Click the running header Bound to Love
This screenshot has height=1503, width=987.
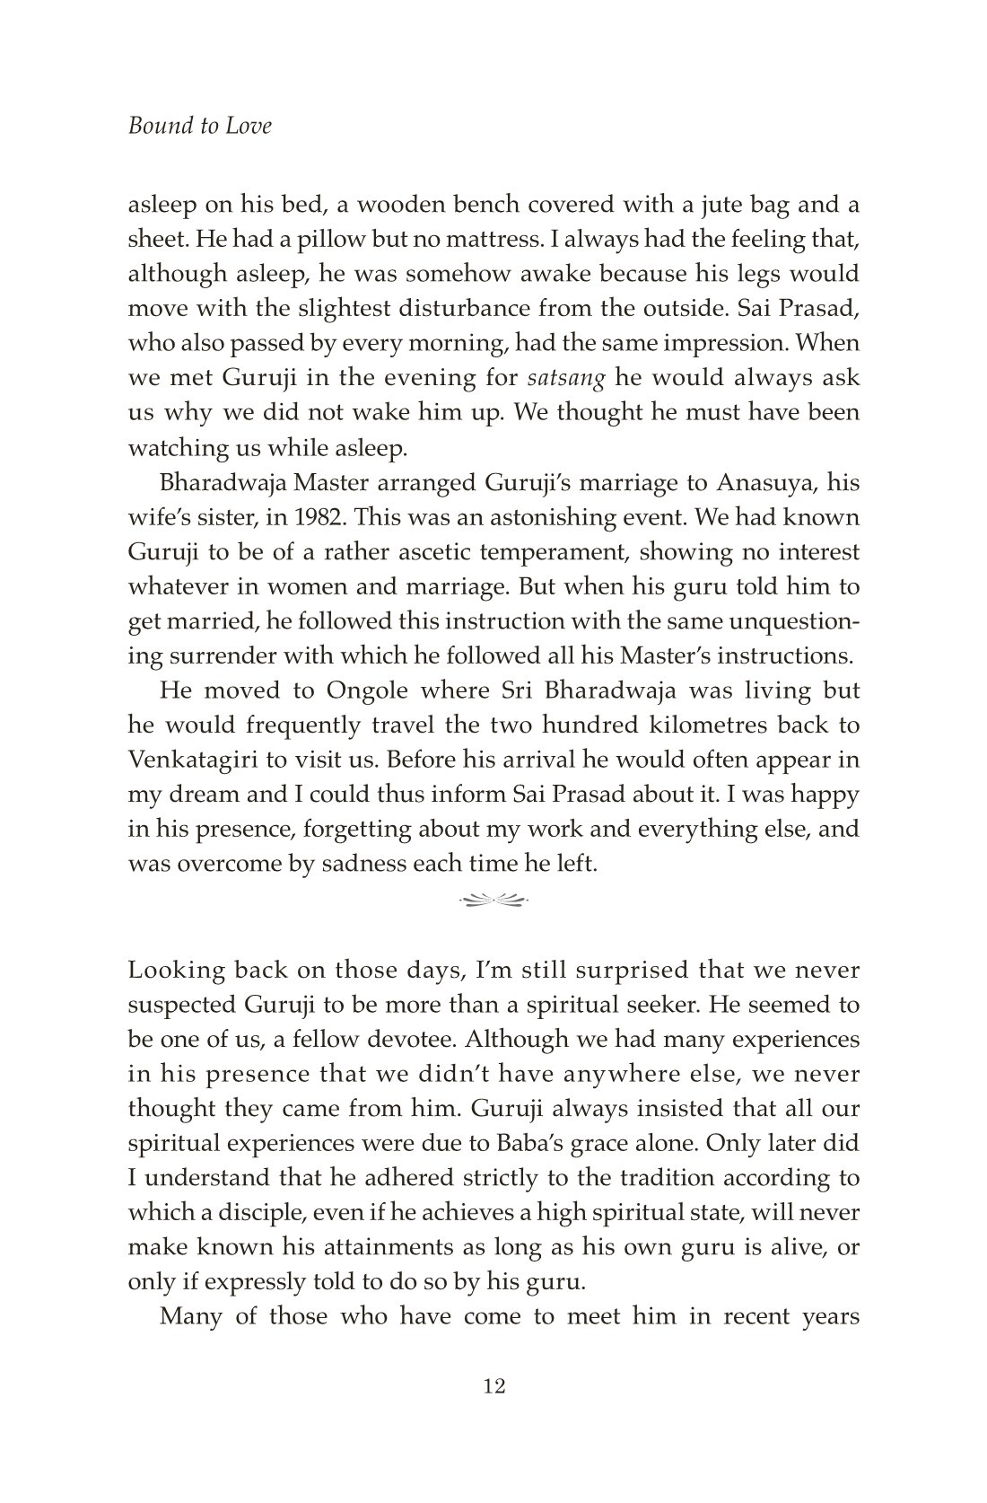(199, 126)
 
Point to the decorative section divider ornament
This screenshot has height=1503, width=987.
(493, 897)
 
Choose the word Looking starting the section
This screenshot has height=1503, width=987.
(177, 971)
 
